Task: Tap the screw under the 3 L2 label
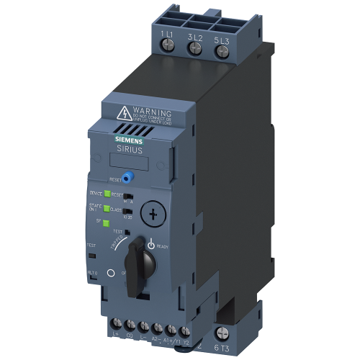[x=194, y=47]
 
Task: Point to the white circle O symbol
[x=111, y=274]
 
